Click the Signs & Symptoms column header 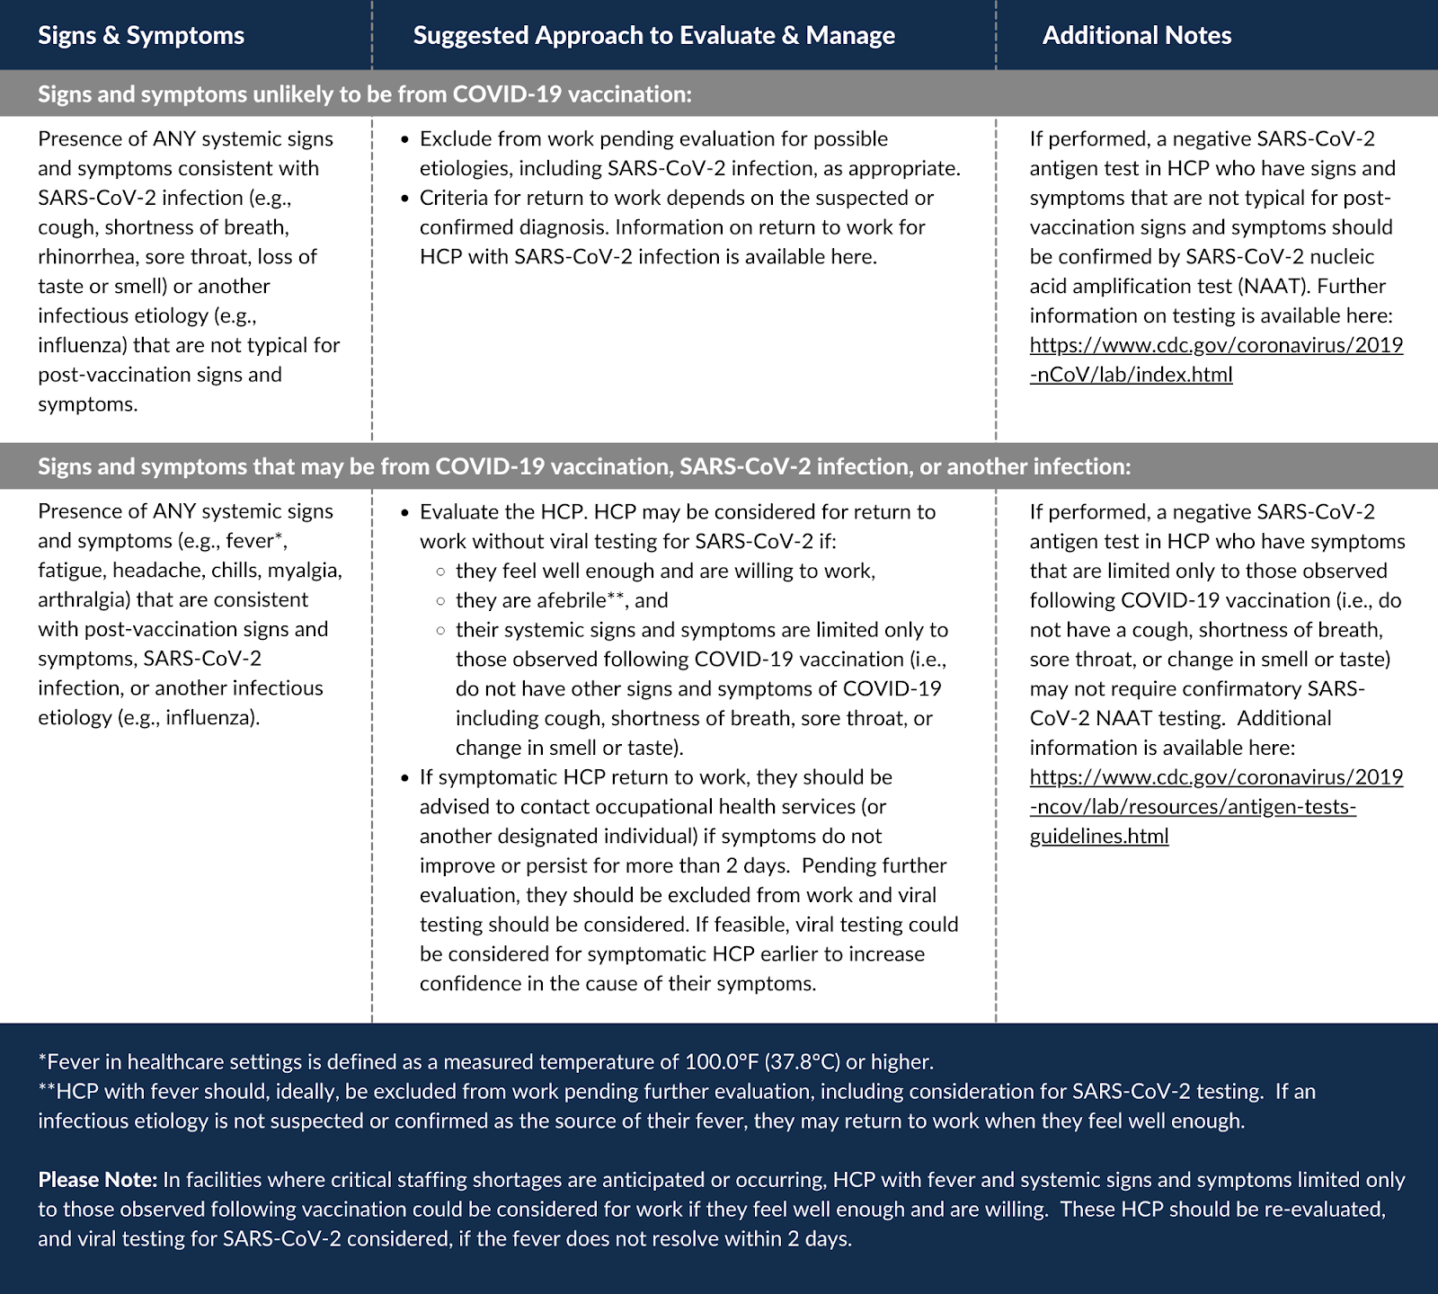tap(141, 35)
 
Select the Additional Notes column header tap(1136, 35)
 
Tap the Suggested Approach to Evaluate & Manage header tap(653, 35)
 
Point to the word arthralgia tap(83, 600)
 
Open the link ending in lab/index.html tap(1216, 359)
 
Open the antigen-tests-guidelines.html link tap(1216, 806)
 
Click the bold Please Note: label tap(97, 1180)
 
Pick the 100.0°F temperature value tap(722, 1062)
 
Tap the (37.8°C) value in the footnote tap(803, 1062)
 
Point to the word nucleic tap(1341, 257)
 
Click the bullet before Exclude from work tap(404, 140)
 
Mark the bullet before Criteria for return tap(404, 199)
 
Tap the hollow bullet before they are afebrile tap(440, 601)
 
